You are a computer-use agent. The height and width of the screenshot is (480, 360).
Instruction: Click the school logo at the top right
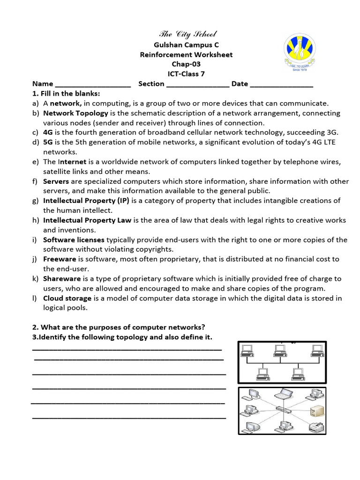303,52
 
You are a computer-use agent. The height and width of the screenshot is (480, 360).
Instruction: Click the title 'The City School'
188,34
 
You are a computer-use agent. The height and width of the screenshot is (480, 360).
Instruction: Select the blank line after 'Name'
93,84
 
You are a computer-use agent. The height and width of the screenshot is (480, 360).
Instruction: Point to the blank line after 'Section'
198,84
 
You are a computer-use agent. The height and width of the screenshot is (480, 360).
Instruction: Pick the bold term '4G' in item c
48,132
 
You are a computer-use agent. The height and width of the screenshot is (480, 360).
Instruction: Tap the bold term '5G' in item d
48,142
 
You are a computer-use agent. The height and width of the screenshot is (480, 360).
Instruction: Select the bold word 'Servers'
56,181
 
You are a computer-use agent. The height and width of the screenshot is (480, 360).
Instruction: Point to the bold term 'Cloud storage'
67,298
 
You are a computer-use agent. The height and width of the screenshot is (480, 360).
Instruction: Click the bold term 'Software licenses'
74,240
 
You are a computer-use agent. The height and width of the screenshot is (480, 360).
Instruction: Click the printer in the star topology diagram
316,427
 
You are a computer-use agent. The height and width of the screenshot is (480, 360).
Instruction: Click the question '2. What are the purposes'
119,327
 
